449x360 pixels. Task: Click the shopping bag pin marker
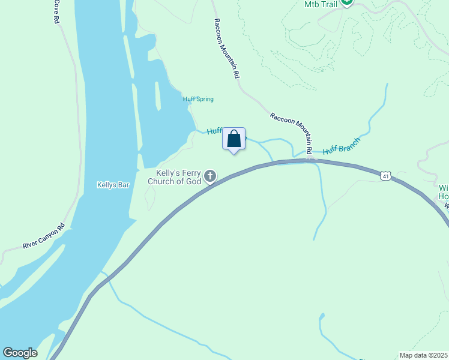tap(234, 140)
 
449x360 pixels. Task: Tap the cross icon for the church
tap(210, 176)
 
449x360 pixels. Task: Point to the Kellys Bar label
tap(113, 185)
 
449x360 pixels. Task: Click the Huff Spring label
tap(198, 99)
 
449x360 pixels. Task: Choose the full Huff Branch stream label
tap(341, 146)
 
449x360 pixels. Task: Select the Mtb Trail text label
tap(320, 4)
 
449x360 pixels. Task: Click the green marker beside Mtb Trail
tap(346, 2)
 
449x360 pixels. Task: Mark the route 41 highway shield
tap(385, 176)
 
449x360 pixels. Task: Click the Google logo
tap(20, 353)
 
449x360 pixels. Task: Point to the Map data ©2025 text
tap(423, 355)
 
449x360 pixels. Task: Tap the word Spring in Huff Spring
tap(204, 99)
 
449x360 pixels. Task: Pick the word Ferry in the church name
tap(189, 172)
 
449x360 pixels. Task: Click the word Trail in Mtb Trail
tap(328, 4)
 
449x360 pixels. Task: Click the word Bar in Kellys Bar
tap(124, 185)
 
